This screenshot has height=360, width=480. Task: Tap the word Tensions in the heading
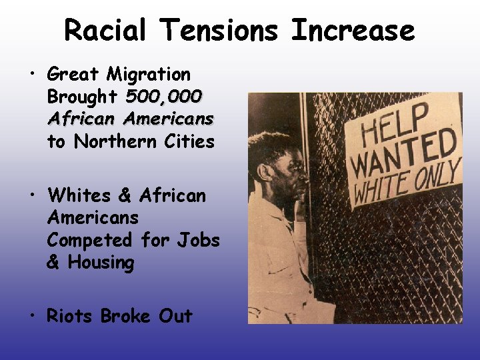[x=217, y=31]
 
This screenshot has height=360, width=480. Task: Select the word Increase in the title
[x=353, y=31]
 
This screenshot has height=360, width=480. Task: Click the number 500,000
[x=163, y=97]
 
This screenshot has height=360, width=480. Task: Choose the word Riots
[x=71, y=315]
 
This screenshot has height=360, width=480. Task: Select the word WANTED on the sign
[x=403, y=154]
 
